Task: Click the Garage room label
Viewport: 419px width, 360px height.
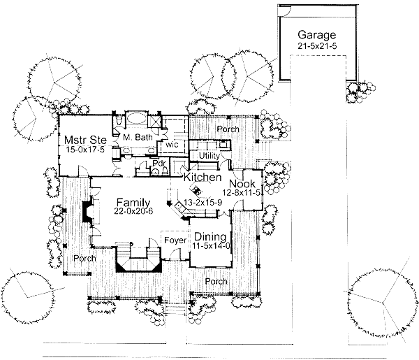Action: pyautogui.click(x=316, y=35)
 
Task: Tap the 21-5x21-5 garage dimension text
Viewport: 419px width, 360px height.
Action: pyautogui.click(x=317, y=45)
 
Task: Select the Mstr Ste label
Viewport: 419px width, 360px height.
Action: pyautogui.click(x=85, y=140)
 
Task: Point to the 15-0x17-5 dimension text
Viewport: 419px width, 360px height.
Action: pyautogui.click(x=85, y=150)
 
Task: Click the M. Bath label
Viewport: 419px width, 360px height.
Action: pyautogui.click(x=138, y=137)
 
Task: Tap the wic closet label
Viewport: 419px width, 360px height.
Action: pyautogui.click(x=172, y=145)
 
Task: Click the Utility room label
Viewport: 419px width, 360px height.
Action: pyautogui.click(x=209, y=156)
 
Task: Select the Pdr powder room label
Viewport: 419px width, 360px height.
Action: pyautogui.click(x=159, y=163)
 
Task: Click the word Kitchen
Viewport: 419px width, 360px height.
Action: pyautogui.click(x=203, y=177)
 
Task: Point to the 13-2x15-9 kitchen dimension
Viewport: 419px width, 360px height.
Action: pyautogui.click(x=203, y=203)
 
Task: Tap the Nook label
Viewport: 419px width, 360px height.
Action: pyautogui.click(x=242, y=184)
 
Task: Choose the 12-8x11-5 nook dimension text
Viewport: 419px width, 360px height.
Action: pyautogui.click(x=242, y=192)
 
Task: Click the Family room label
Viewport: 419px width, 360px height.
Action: pyautogui.click(x=133, y=203)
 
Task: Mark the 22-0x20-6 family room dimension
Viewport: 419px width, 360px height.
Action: pyautogui.click(x=133, y=211)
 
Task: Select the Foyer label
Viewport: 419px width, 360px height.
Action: pyautogui.click(x=175, y=240)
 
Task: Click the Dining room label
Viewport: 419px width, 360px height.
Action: pyautogui.click(x=210, y=237)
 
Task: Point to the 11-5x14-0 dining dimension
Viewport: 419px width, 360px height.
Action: pyautogui.click(x=211, y=246)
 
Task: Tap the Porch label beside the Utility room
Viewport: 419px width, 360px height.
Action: pyautogui.click(x=228, y=129)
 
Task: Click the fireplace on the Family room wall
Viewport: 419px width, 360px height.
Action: pyautogui.click(x=88, y=210)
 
